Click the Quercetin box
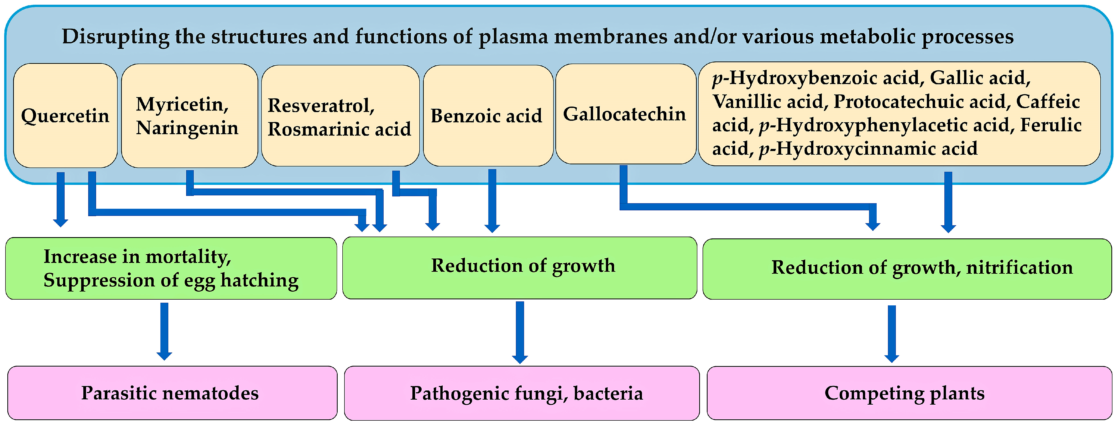[x=65, y=116]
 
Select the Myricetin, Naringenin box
[x=189, y=116]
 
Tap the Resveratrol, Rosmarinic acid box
[x=340, y=116]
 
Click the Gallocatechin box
[x=625, y=114]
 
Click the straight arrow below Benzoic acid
[x=492, y=200]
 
